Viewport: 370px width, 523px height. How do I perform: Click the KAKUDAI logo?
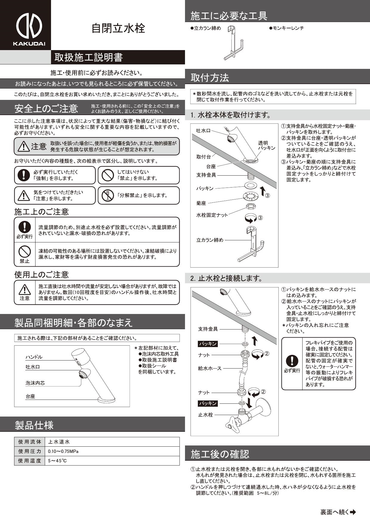tap(29, 28)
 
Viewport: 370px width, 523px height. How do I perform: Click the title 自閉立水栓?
tap(118, 28)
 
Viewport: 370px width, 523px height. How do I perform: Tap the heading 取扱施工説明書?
tap(89, 57)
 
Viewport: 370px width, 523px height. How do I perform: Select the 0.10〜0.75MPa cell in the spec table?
tap(63, 451)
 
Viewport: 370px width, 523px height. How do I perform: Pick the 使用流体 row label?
tap(30, 442)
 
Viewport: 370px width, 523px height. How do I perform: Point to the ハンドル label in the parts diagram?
tap(34, 357)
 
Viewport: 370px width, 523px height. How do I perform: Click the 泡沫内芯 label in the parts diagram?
tap(35, 383)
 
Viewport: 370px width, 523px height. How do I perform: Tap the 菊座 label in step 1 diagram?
tap(201, 203)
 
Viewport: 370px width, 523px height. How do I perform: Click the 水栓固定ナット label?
tap(212, 215)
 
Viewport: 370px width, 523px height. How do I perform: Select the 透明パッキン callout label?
tap(266, 146)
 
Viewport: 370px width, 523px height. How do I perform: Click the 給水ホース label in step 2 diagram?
tap(210, 368)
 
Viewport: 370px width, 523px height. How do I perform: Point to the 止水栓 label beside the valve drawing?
tap(205, 415)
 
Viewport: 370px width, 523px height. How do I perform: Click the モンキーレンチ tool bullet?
tap(286, 28)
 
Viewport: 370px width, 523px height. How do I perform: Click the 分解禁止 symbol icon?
tap(107, 195)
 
